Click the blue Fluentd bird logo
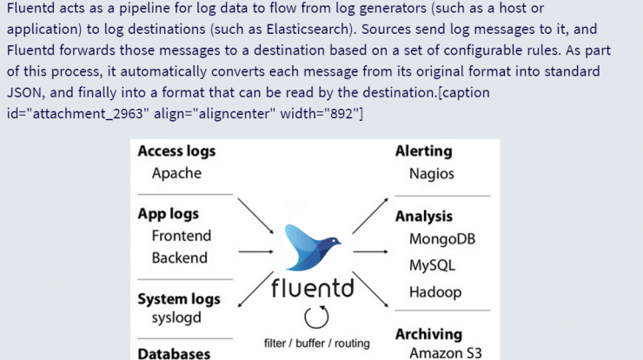click(313, 248)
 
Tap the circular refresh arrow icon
click(316, 317)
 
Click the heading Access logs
click(176, 151)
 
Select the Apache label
click(176, 173)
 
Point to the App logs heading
click(168, 214)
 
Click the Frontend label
click(182, 236)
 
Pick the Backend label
click(180, 257)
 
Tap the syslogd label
click(176, 318)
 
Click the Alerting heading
click(424, 151)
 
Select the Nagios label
click(431, 174)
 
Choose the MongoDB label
click(442, 239)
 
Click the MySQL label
click(432, 265)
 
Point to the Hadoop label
click(435, 292)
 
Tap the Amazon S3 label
click(446, 353)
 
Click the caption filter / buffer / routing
click(316, 343)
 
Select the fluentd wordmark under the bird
click(313, 288)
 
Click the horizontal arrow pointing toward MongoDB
click(370, 251)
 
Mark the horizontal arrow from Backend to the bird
click(255, 251)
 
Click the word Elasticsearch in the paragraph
click(308, 30)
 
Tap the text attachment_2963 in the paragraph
click(88, 113)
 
